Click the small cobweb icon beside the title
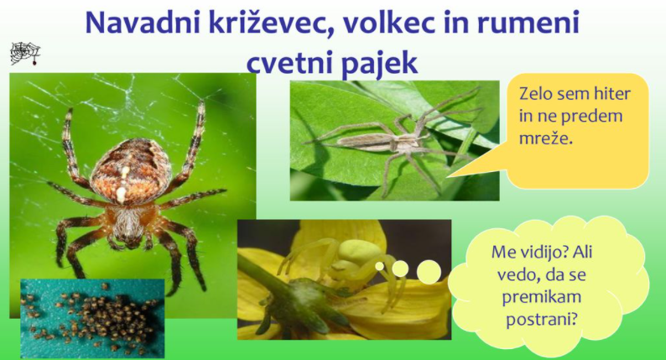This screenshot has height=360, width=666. [x=25, y=54]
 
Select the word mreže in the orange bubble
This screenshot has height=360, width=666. [x=546, y=138]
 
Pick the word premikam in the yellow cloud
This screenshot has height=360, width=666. [x=542, y=297]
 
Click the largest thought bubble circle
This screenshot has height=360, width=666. [x=429, y=272]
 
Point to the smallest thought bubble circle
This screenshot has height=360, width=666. [x=379, y=266]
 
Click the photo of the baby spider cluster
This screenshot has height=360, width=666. [x=92, y=318]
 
